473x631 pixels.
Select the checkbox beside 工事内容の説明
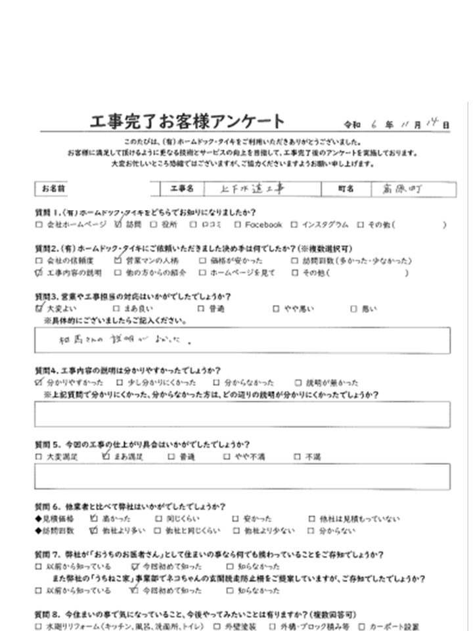[x=39, y=273]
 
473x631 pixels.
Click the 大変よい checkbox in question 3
[x=39, y=308]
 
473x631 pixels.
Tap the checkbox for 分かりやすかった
[x=39, y=382]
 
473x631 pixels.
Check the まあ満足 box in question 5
[x=106, y=456]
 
